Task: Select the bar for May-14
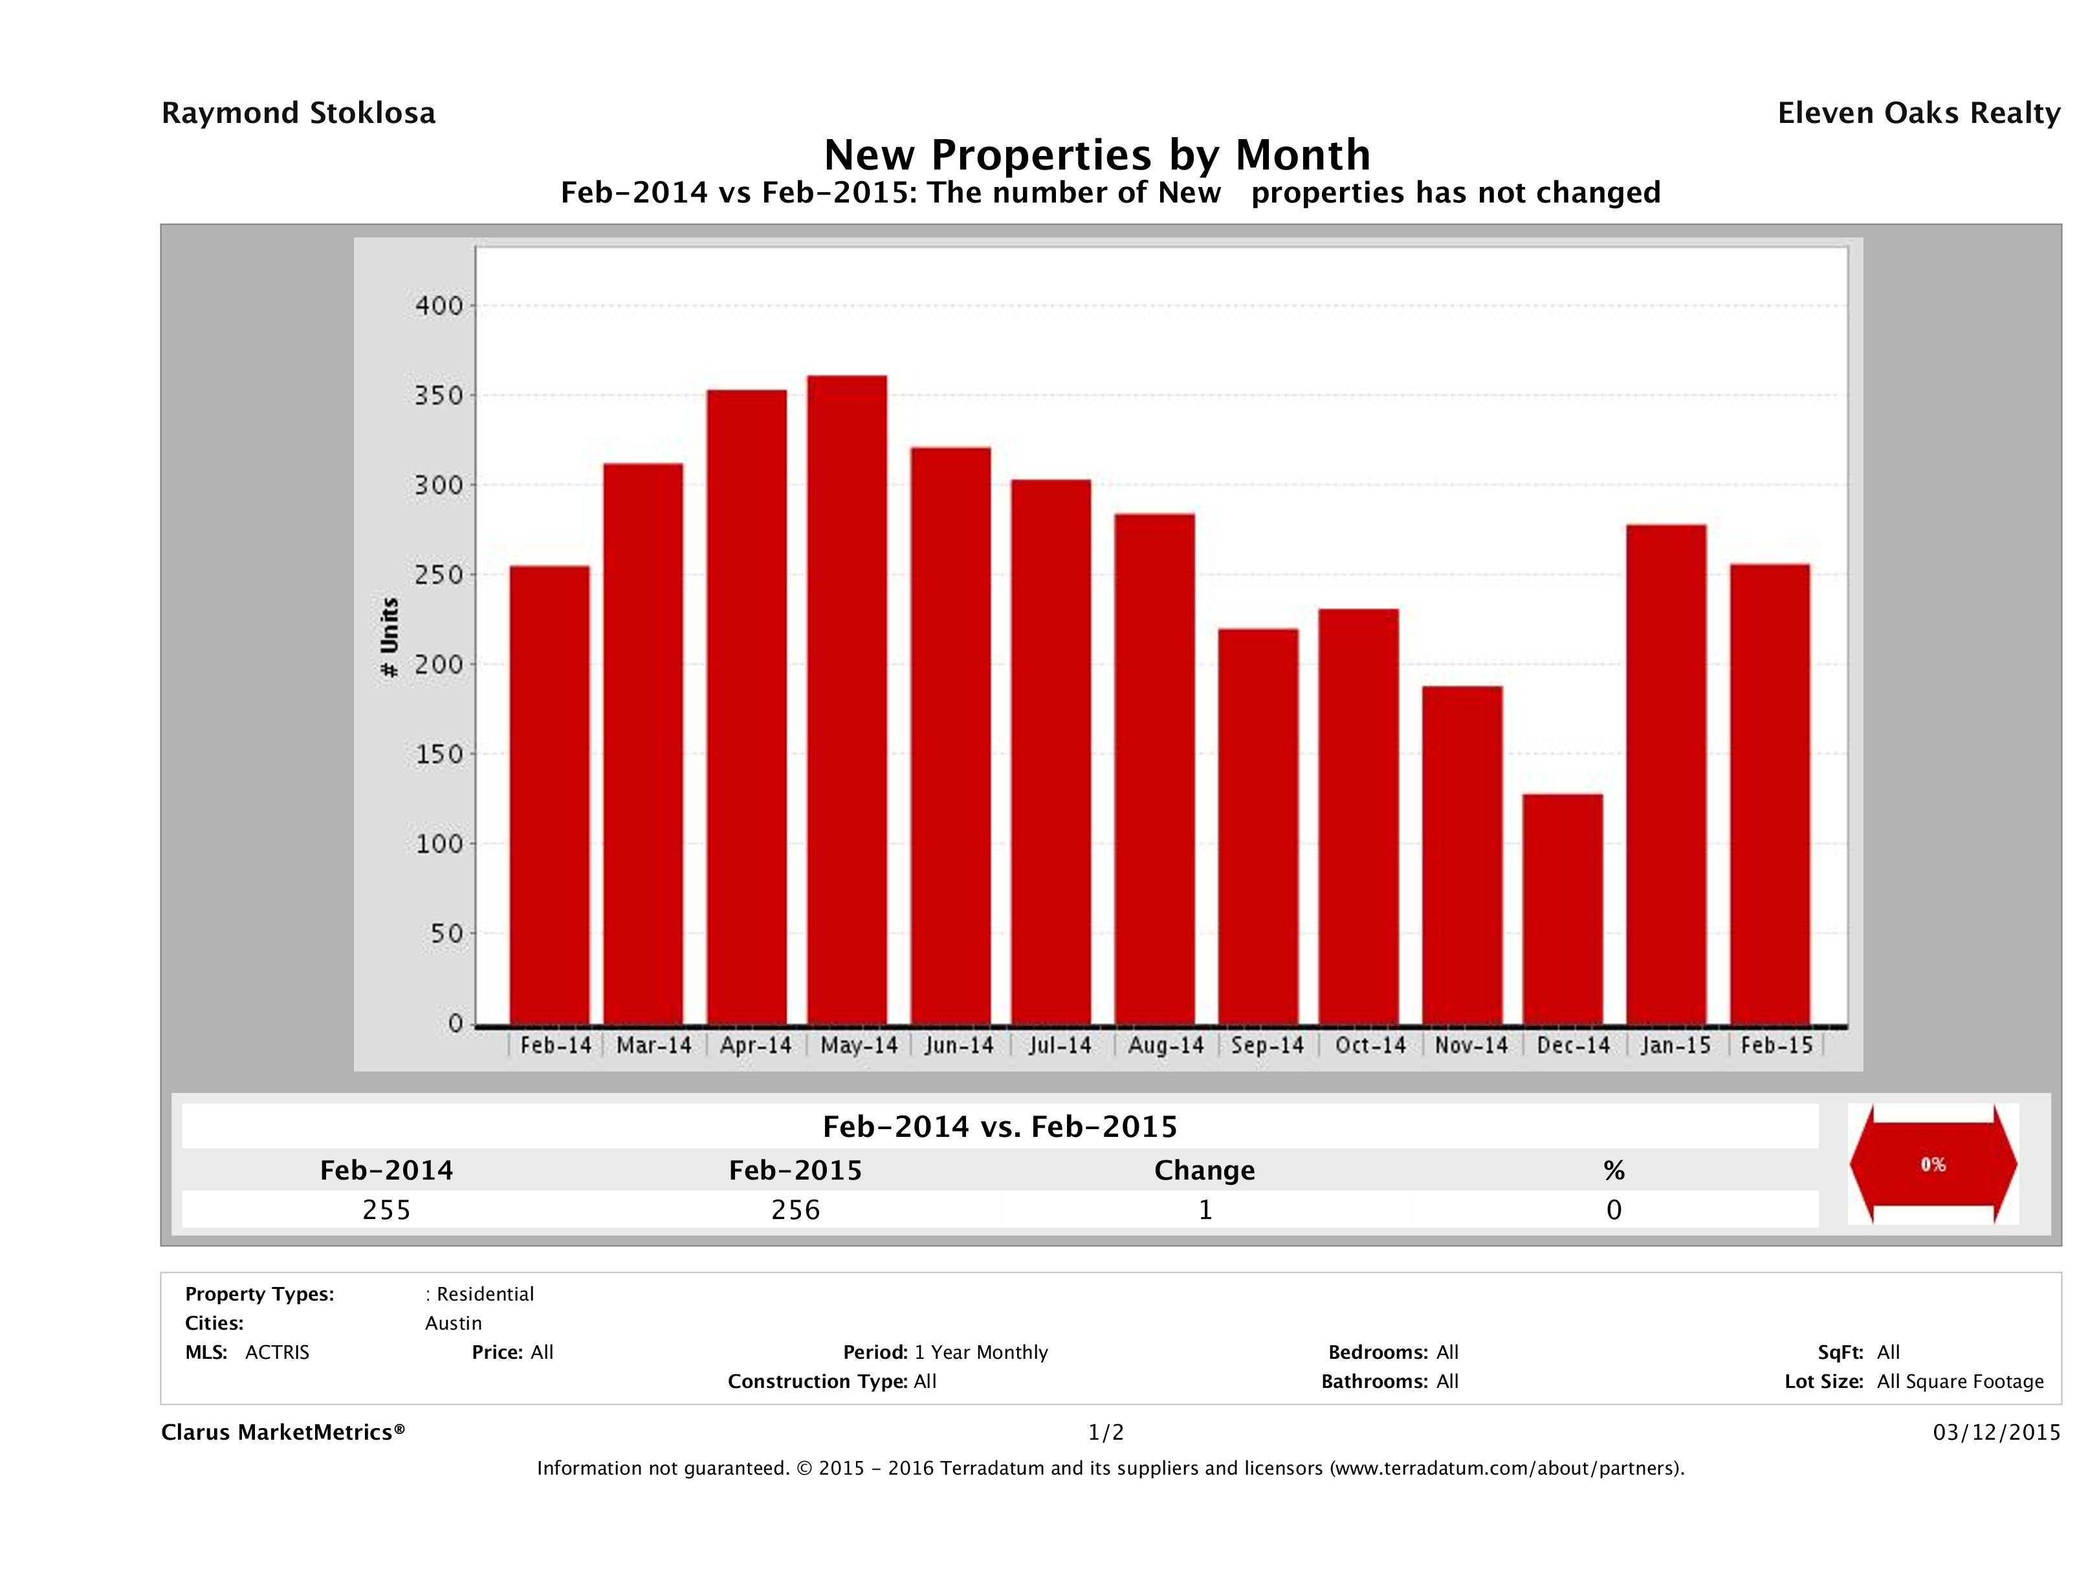click(847, 699)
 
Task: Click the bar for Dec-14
click(1562, 909)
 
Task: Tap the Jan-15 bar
click(1666, 774)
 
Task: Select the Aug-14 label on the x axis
click(1166, 1046)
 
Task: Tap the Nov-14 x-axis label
click(1471, 1046)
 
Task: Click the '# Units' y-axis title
click(389, 638)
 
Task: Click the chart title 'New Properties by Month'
click(1097, 155)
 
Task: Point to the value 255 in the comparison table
click(386, 1210)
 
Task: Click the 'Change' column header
click(1205, 1171)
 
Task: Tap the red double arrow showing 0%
click(1932, 1165)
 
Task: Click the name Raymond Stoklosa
click(298, 113)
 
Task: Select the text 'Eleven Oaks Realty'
click(1918, 113)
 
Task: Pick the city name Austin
click(453, 1323)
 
